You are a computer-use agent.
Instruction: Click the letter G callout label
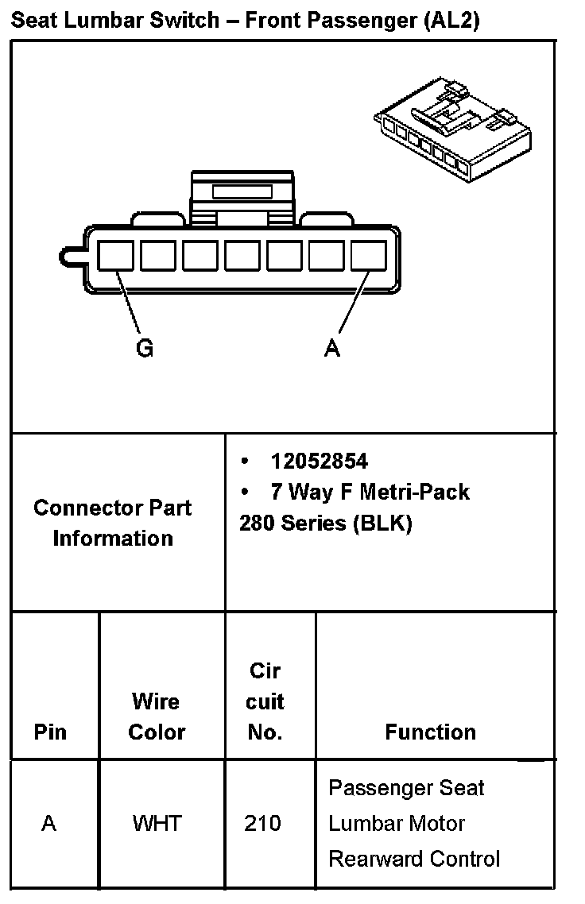click(x=145, y=348)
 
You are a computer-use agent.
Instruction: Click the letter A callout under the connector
click(x=332, y=348)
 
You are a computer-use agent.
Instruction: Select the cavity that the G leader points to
click(x=115, y=256)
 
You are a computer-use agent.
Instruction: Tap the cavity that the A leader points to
click(x=368, y=256)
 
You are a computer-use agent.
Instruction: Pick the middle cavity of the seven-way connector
click(x=242, y=256)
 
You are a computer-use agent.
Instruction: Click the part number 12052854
click(x=319, y=462)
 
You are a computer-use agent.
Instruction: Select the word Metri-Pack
click(x=414, y=493)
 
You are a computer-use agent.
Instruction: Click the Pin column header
click(x=51, y=732)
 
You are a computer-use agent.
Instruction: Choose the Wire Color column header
click(x=157, y=717)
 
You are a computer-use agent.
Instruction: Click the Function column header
click(x=430, y=732)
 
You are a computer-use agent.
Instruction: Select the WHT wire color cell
click(x=157, y=823)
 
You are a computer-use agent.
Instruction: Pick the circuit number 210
click(x=263, y=823)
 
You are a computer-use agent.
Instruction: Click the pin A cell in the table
click(x=49, y=823)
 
